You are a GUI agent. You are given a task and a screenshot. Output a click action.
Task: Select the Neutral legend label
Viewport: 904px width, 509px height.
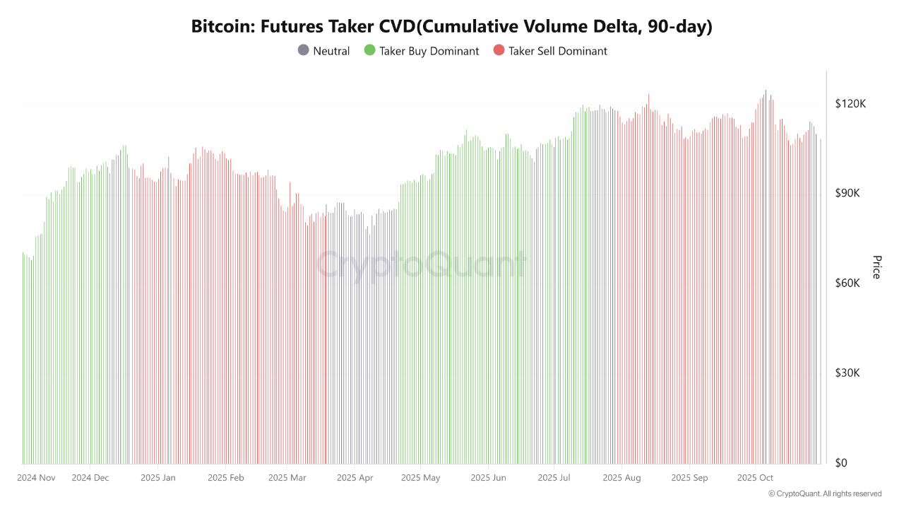pyautogui.click(x=331, y=51)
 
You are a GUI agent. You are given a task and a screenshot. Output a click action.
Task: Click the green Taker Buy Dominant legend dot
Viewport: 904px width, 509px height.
pyautogui.click(x=369, y=51)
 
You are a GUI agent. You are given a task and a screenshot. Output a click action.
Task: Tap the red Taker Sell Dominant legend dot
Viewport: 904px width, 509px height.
pyautogui.click(x=499, y=51)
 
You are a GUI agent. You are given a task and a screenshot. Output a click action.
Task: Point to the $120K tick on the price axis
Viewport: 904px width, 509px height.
pyautogui.click(x=850, y=104)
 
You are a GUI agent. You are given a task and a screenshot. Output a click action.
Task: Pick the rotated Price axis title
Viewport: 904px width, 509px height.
pyautogui.click(x=876, y=267)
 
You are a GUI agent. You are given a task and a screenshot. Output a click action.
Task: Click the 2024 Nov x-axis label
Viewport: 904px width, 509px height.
pyautogui.click(x=36, y=478)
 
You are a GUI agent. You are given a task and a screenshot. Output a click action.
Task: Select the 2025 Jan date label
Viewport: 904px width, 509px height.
pyautogui.click(x=158, y=478)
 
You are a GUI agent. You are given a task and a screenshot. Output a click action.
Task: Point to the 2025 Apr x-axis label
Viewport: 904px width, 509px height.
pyautogui.click(x=355, y=478)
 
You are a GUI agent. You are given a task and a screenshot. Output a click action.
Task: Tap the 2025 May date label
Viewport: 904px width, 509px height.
pyautogui.click(x=420, y=478)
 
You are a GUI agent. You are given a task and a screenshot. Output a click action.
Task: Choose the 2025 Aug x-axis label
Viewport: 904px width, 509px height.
pyautogui.click(x=621, y=478)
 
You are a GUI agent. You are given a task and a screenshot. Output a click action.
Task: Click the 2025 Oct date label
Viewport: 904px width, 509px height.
pyautogui.click(x=755, y=478)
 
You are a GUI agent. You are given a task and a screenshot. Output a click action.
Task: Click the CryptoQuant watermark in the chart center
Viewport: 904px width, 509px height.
pyautogui.click(x=421, y=266)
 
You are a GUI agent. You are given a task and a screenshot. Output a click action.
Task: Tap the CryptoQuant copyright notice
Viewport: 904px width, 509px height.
pyautogui.click(x=825, y=493)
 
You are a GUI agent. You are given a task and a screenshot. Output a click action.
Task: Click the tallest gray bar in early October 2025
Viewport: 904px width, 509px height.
pyautogui.click(x=766, y=276)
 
